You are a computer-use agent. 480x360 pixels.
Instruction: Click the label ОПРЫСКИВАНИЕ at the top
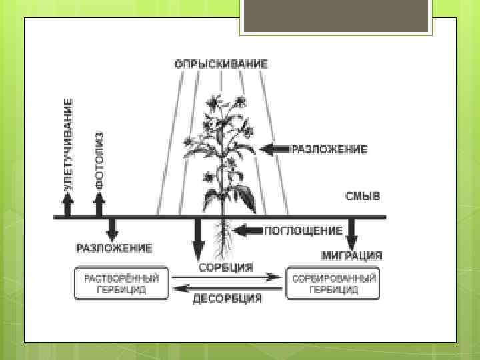tap(221, 65)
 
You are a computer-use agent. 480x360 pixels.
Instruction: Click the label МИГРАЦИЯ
tap(352, 255)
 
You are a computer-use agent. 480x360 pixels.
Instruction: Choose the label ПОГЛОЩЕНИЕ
tap(303, 231)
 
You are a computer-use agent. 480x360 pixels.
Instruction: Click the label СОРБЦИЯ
tap(226, 267)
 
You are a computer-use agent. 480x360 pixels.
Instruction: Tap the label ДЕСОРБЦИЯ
tap(227, 299)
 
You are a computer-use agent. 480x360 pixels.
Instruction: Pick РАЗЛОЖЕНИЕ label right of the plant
tap(329, 149)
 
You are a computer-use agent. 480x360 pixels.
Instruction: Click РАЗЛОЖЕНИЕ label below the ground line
tap(114, 249)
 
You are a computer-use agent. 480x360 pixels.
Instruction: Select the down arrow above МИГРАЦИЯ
tap(352, 233)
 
